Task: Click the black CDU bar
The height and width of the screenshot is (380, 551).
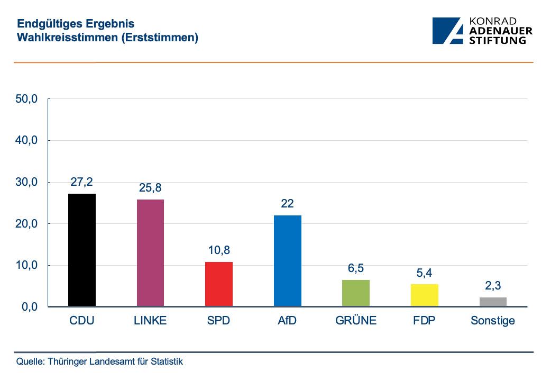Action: pyautogui.click(x=82, y=250)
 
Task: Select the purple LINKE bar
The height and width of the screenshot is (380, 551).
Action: pyautogui.click(x=150, y=253)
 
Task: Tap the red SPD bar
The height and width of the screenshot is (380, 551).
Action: pyautogui.click(x=219, y=284)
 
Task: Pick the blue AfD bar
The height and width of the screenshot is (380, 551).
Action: pyautogui.click(x=287, y=261)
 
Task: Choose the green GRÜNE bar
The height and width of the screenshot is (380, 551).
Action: pyautogui.click(x=356, y=293)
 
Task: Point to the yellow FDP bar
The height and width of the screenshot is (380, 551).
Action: pyautogui.click(x=424, y=295)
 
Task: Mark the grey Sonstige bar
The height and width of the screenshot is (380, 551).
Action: pyautogui.click(x=493, y=302)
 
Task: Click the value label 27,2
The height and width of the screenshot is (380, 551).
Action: pyautogui.click(x=82, y=182)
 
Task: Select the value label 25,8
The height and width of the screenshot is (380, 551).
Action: pyautogui.click(x=150, y=188)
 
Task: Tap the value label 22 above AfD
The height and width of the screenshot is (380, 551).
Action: pyautogui.click(x=287, y=204)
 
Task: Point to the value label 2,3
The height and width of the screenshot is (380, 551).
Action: pyautogui.click(x=493, y=286)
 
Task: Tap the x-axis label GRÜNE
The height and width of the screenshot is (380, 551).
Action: pyautogui.click(x=356, y=321)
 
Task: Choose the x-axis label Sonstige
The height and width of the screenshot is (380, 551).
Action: pyautogui.click(x=493, y=321)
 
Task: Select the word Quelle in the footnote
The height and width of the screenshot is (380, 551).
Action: pyautogui.click(x=31, y=362)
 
